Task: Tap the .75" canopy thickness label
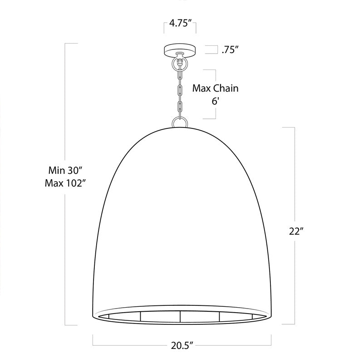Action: (x=231, y=50)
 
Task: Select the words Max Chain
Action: (x=215, y=88)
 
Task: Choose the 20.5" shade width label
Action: (x=181, y=346)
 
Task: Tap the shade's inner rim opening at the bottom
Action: (x=181, y=316)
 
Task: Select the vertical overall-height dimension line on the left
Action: (x=66, y=113)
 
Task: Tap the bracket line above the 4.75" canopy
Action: (x=180, y=32)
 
